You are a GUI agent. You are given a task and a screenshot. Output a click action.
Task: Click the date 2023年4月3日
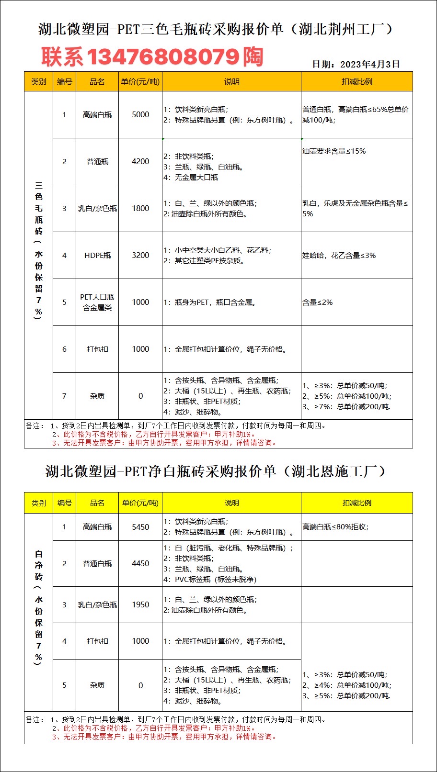(356, 64)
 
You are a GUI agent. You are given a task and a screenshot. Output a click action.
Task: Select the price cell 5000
(140, 115)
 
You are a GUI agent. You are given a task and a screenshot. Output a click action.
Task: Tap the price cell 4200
(140, 162)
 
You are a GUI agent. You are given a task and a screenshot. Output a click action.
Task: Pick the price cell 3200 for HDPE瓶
(140, 256)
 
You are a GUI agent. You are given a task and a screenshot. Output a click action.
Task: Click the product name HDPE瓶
(97, 256)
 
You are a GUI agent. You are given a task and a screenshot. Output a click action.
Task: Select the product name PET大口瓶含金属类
(97, 302)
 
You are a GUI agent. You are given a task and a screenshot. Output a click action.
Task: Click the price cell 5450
(140, 527)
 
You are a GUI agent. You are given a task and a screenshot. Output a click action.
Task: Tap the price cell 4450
(140, 564)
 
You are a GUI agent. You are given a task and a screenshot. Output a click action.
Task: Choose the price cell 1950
(140, 605)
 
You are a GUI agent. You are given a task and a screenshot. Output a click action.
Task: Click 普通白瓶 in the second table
(97, 564)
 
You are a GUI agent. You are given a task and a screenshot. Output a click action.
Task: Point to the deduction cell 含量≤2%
(318, 302)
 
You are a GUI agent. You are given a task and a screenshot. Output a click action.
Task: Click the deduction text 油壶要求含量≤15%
(334, 151)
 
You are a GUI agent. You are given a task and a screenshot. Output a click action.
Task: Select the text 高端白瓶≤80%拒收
(335, 527)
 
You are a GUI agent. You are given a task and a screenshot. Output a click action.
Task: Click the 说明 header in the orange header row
(231, 82)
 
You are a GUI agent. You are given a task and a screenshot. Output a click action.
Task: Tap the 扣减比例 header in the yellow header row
(357, 503)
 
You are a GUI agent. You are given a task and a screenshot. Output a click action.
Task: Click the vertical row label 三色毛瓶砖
(39, 208)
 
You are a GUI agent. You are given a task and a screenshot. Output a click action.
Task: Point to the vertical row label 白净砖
(39, 566)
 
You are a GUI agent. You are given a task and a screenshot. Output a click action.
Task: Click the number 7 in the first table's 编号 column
(64, 396)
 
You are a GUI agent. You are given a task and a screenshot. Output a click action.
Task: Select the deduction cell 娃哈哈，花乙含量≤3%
(339, 256)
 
